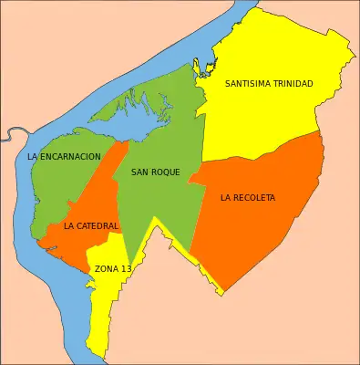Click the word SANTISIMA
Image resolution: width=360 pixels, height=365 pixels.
[x=247, y=84]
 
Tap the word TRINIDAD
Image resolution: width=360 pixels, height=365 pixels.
[x=292, y=84]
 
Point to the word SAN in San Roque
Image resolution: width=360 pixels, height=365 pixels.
[x=140, y=172]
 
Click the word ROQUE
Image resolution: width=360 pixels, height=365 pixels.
[x=166, y=172]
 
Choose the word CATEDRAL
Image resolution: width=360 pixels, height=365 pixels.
[x=98, y=226]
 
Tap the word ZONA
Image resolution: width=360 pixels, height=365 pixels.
[x=107, y=269]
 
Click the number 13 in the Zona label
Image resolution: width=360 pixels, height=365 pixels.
[x=126, y=269]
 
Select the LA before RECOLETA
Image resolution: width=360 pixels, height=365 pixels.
[x=225, y=198]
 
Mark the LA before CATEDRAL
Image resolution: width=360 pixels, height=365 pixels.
[x=69, y=226]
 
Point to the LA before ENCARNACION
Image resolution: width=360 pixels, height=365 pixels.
[x=33, y=157]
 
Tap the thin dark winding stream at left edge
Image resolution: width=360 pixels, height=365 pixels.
[x=9, y=137]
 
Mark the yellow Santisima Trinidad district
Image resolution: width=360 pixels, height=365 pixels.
[x=273, y=119]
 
